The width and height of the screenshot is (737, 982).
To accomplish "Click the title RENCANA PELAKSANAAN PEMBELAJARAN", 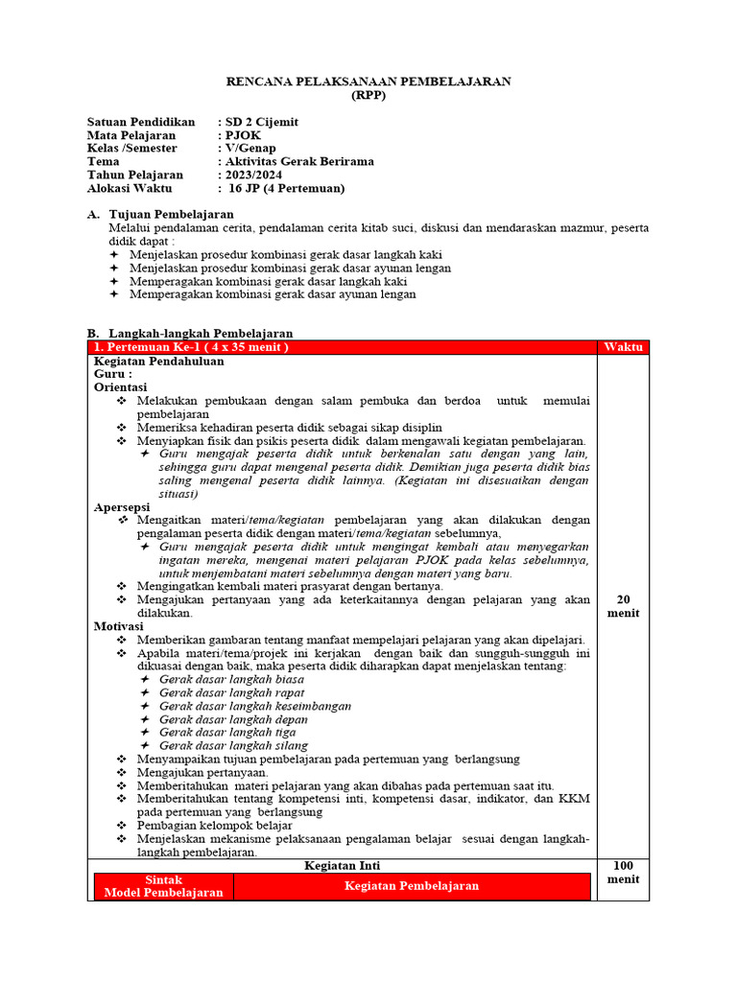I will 368,82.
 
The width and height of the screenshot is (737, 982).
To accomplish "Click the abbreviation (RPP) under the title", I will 368,95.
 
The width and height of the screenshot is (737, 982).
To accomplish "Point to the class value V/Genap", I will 251,149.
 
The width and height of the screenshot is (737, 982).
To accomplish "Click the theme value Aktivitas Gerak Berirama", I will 299,162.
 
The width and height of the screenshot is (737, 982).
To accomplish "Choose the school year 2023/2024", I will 253,175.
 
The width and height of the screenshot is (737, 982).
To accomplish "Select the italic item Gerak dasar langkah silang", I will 233,745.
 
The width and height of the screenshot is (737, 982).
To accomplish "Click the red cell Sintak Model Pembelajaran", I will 163,886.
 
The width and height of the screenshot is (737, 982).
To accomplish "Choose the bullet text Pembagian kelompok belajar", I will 213,825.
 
